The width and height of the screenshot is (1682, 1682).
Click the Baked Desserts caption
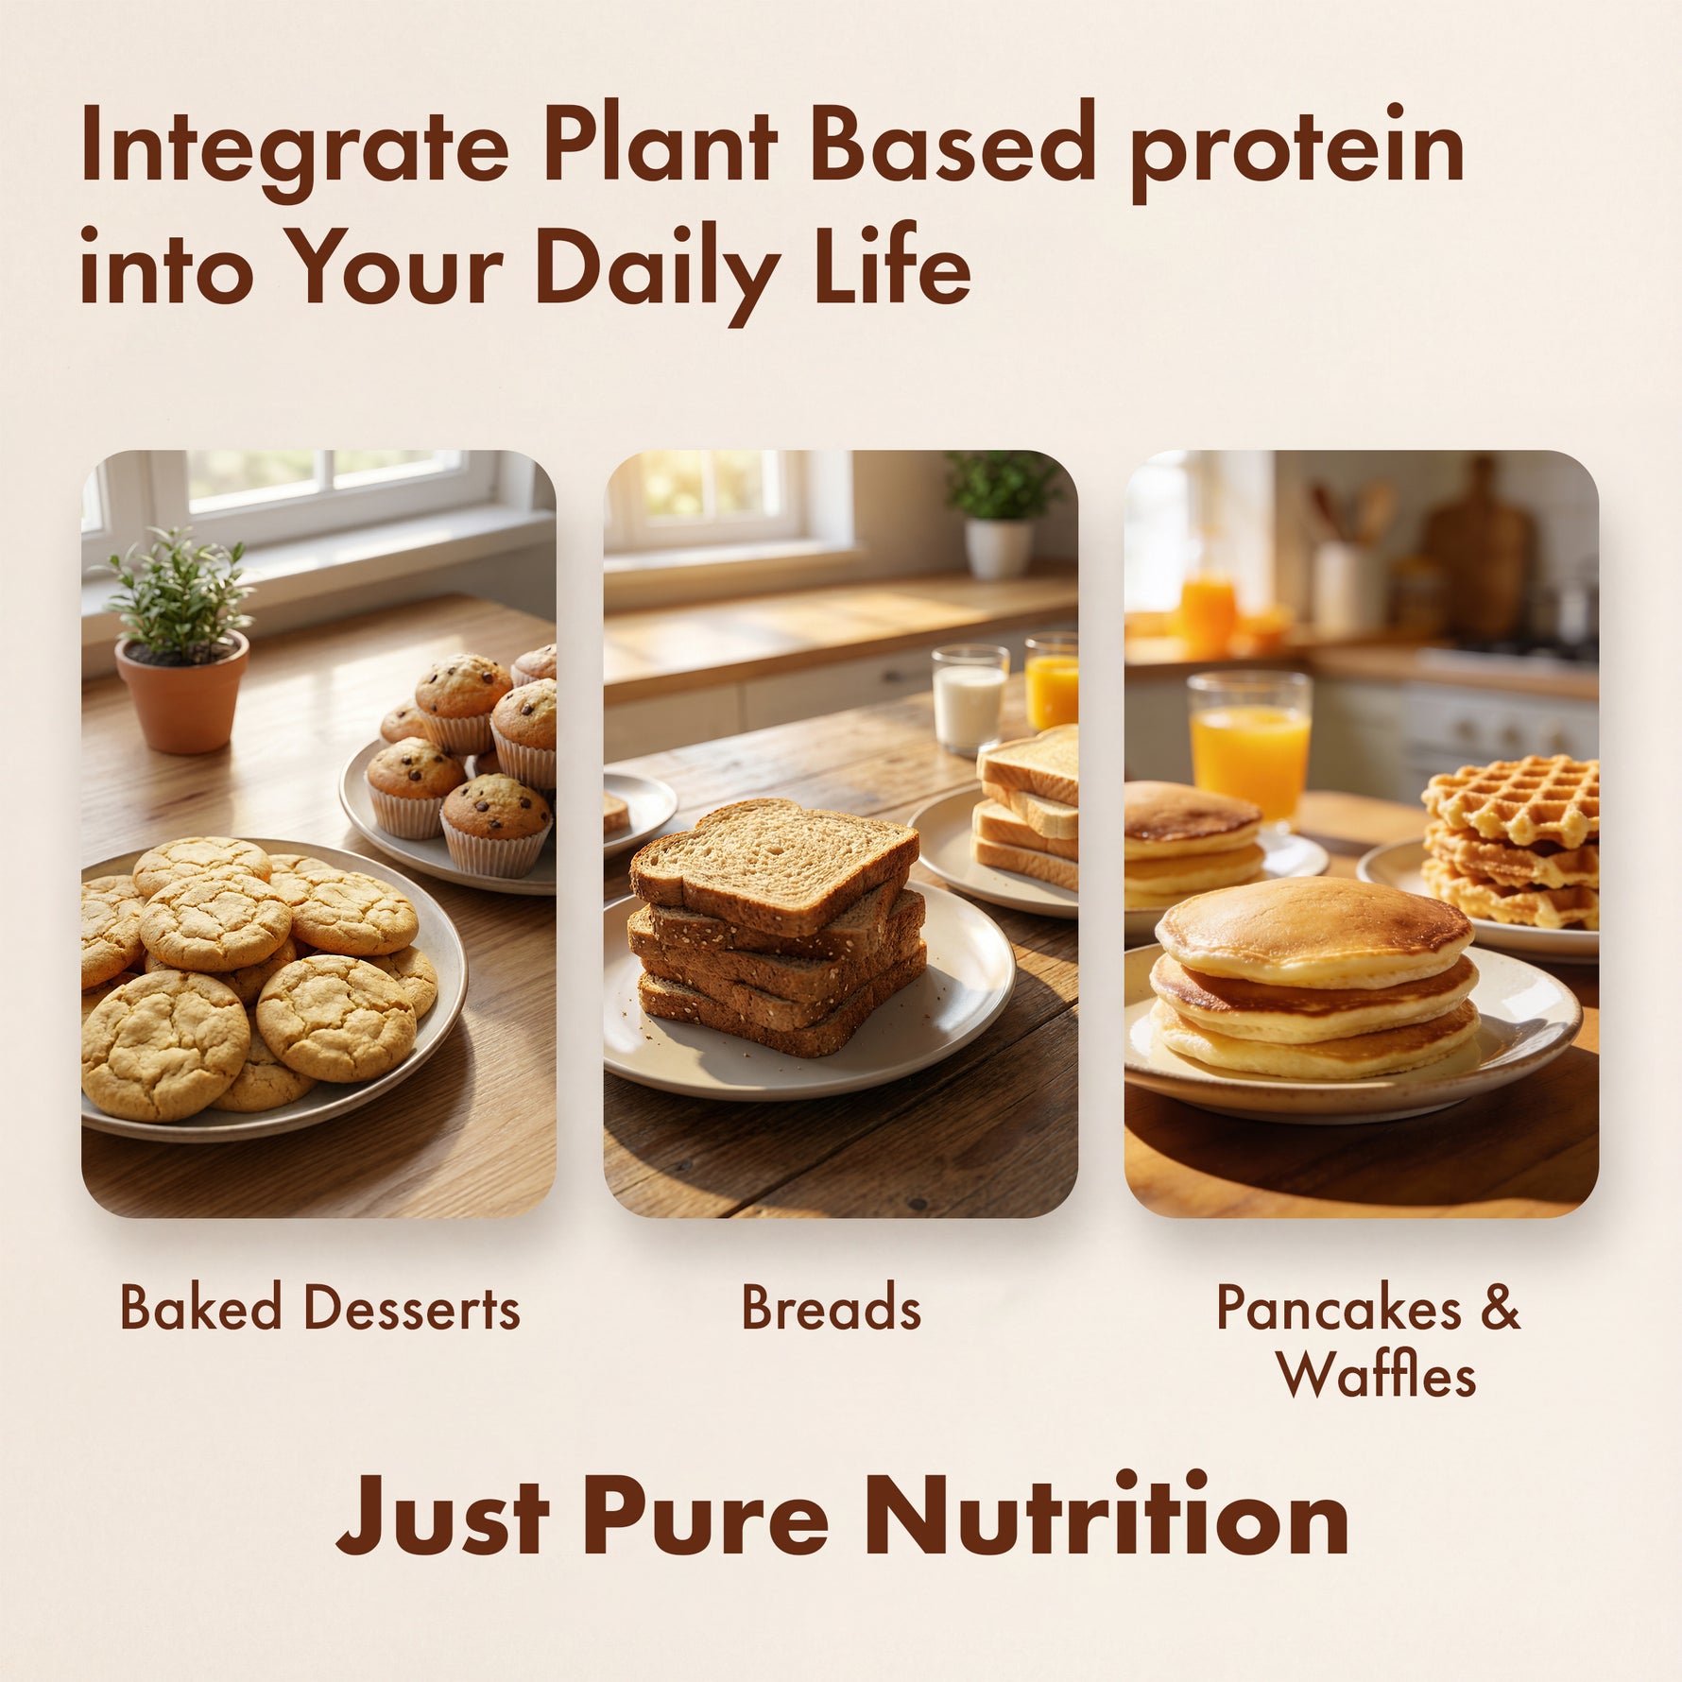coord(319,1309)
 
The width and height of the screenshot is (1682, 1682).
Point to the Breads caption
coord(831,1309)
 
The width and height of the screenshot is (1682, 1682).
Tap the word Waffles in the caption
coord(1376,1375)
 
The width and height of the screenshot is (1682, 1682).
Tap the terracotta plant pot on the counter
coord(182,692)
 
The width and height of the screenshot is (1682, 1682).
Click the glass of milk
coord(970,700)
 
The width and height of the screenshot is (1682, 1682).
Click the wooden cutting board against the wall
coord(1480,548)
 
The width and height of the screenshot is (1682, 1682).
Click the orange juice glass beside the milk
coord(1052,680)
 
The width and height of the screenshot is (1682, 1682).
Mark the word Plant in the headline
coord(660,142)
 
